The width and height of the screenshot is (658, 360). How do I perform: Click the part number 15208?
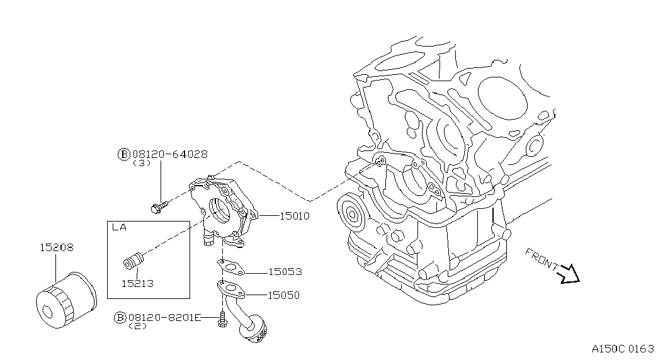pyautogui.click(x=56, y=248)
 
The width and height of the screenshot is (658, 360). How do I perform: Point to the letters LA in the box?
pyautogui.click(x=119, y=228)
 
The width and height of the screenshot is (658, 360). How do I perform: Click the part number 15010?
pyautogui.click(x=293, y=216)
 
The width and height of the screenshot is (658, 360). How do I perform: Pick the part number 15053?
pyautogui.click(x=285, y=273)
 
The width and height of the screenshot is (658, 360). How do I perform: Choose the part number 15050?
pyautogui.click(x=283, y=295)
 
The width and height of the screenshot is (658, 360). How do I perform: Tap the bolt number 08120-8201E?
pyautogui.click(x=164, y=318)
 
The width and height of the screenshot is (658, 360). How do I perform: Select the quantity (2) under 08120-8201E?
pyautogui.click(x=137, y=326)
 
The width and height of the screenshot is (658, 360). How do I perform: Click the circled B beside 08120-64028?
pyautogui.click(x=123, y=154)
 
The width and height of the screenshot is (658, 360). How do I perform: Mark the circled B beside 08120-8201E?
pyautogui.click(x=120, y=318)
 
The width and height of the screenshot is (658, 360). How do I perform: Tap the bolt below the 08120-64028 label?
pyautogui.click(x=160, y=205)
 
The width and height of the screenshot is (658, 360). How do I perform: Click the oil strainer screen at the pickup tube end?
pyautogui.click(x=258, y=332)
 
